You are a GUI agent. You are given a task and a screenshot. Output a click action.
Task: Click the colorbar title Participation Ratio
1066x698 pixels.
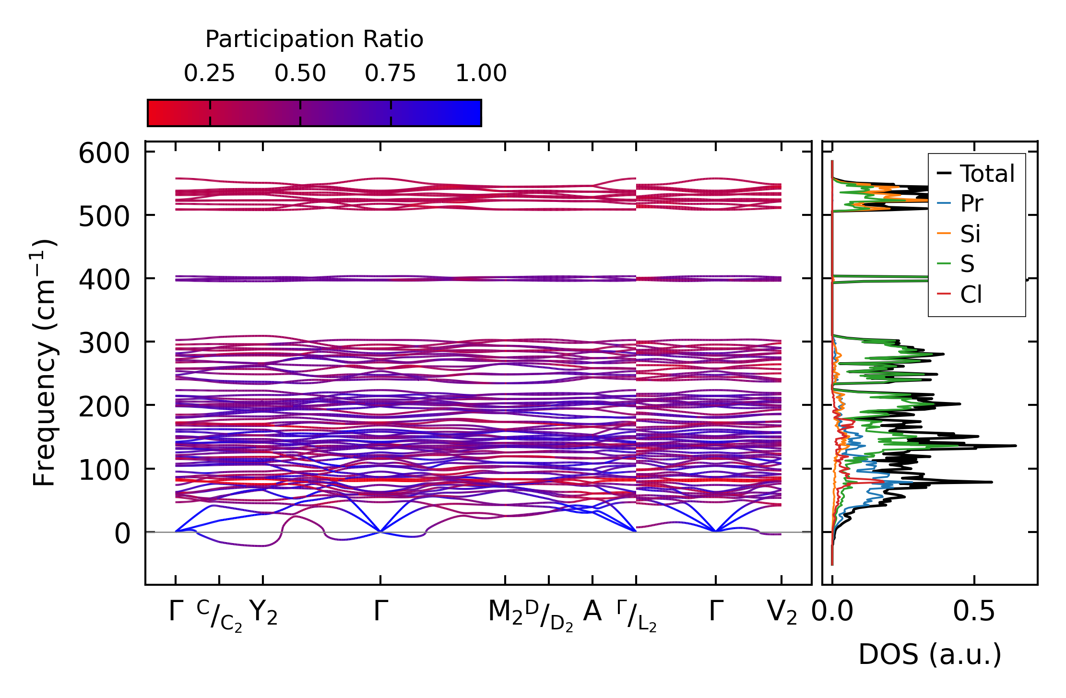314,39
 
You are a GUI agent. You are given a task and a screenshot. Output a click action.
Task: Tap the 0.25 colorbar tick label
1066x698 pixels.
209,74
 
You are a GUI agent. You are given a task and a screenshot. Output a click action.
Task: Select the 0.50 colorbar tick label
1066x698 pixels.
300,74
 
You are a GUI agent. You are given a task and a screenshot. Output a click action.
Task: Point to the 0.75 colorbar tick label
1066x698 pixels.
390,74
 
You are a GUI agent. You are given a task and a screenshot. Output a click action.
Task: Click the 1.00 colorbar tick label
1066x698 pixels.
481,74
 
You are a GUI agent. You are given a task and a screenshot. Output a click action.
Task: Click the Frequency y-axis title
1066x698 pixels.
44,363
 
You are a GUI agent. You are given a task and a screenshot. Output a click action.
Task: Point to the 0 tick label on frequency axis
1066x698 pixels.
122,533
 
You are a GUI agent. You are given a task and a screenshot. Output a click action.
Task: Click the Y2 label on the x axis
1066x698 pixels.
263,612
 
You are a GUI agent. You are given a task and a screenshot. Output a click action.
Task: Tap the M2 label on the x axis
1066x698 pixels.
505,612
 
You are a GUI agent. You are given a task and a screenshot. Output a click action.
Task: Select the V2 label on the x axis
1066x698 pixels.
782,612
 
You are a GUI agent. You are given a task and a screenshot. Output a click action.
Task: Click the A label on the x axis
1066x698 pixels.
592,612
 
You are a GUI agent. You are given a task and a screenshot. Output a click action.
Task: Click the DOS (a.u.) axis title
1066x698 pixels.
930,654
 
